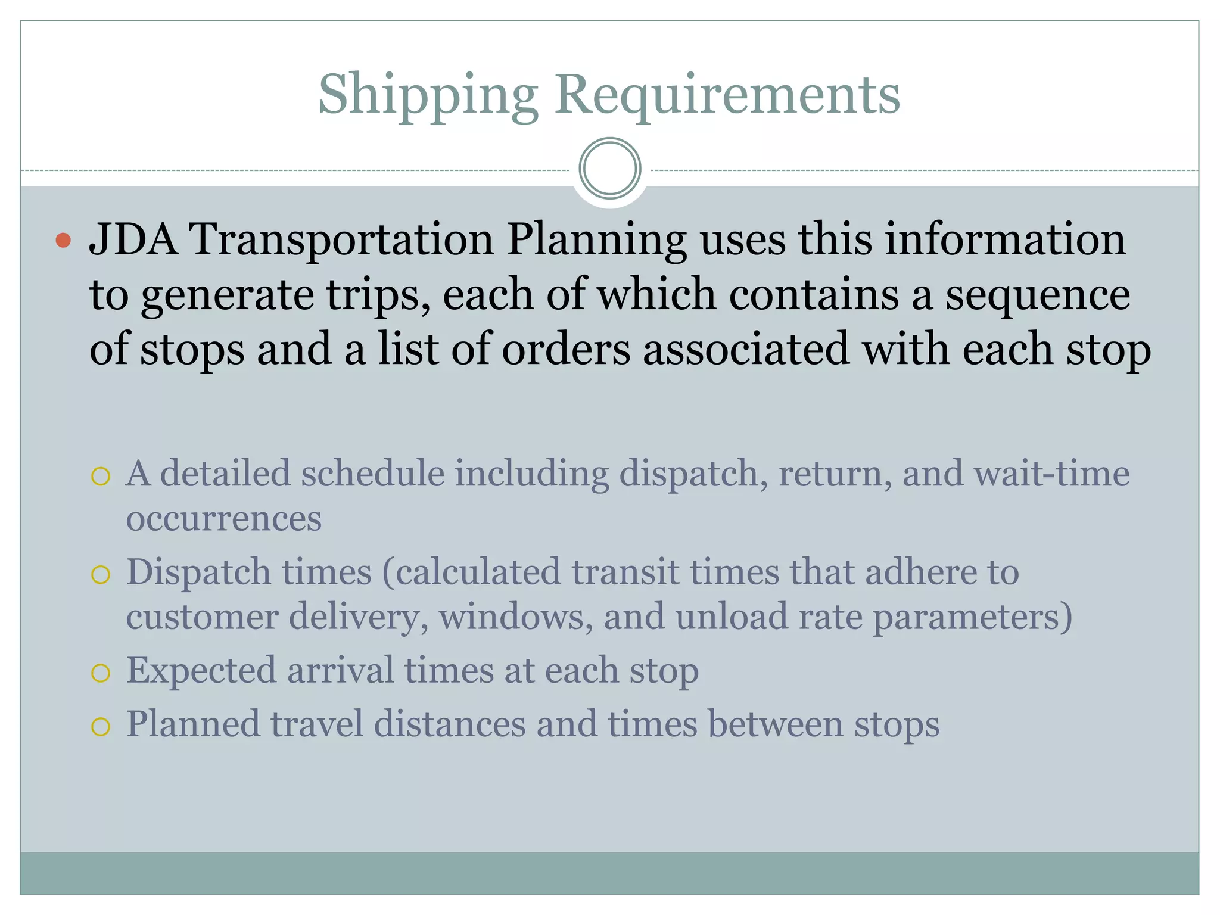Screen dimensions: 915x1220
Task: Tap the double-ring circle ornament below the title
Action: tap(609, 168)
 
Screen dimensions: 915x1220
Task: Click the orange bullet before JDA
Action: tap(63, 241)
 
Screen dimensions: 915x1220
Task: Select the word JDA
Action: tap(133, 239)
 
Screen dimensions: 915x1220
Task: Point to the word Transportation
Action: tap(341, 239)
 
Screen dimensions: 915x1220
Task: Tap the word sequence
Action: tap(1038, 295)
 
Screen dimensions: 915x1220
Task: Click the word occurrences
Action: tap(223, 518)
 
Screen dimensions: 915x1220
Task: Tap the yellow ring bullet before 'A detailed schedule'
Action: tap(101, 476)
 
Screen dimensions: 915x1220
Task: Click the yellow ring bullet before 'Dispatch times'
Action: tap(101, 574)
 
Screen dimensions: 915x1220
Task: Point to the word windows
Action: tap(516, 617)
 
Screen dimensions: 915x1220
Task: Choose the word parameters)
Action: tap(972, 618)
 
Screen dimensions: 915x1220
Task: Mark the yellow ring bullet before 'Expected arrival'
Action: tap(101, 673)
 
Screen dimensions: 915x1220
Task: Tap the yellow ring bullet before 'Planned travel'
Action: tap(101, 727)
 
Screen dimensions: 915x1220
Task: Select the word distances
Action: tap(450, 724)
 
